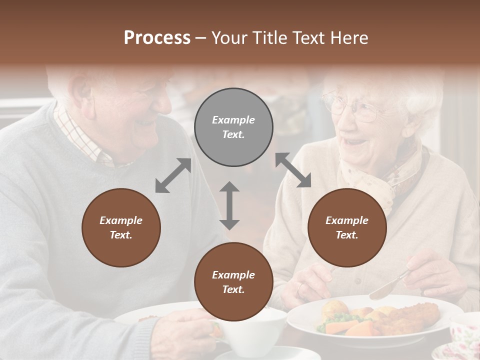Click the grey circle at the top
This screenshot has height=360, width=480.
point(233,127)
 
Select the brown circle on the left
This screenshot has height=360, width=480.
point(121,227)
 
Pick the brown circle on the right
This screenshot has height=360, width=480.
point(347,227)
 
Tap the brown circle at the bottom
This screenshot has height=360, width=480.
point(233,282)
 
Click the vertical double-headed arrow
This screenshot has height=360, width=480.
point(229,205)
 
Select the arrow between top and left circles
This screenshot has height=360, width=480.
point(173,175)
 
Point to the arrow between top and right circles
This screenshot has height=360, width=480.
point(293,170)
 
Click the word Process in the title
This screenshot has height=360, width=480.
point(157,37)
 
